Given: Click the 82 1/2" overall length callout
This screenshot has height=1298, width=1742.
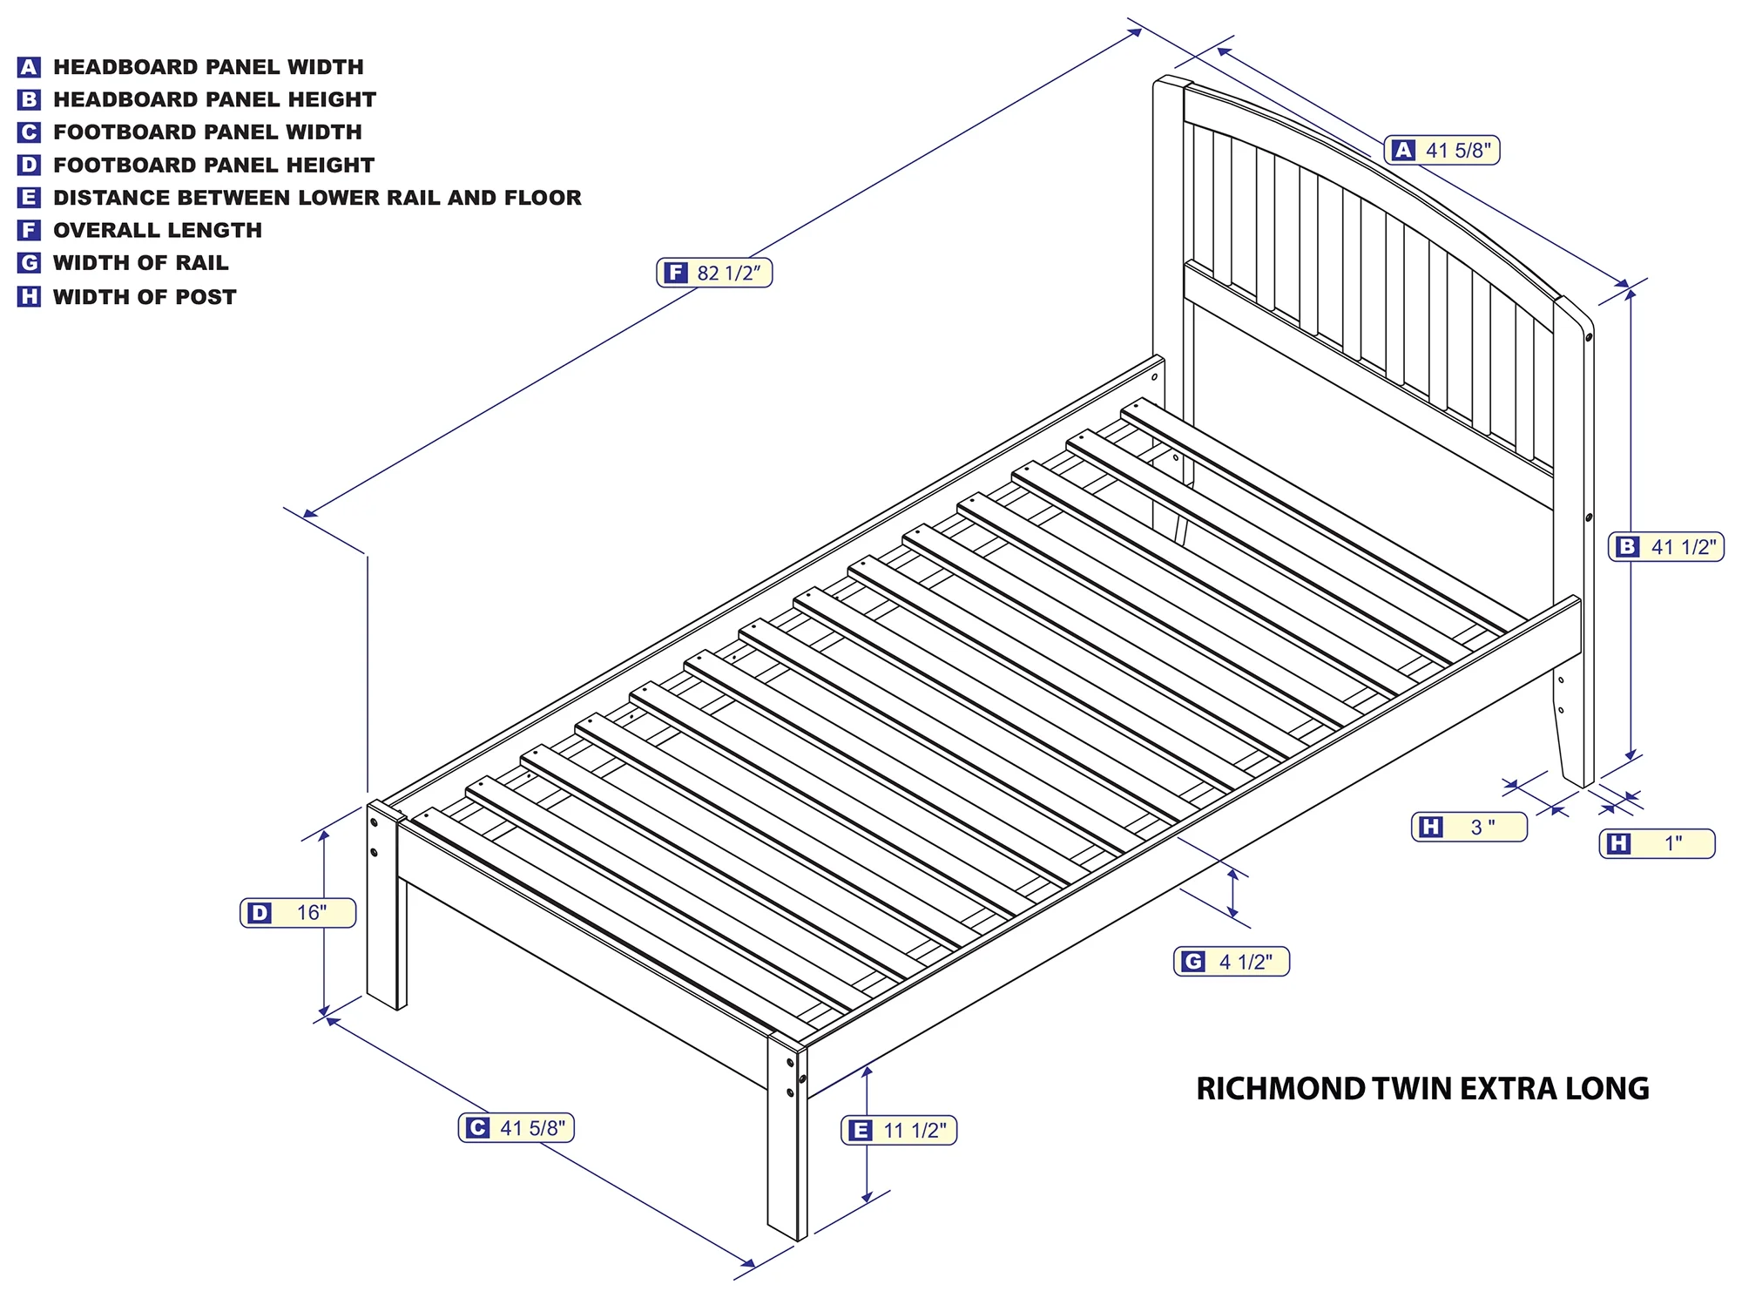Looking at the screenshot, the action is click(714, 274).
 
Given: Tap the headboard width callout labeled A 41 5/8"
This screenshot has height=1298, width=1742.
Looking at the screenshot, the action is click(1442, 151).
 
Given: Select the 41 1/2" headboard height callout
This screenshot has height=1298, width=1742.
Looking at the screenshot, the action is click(1666, 547).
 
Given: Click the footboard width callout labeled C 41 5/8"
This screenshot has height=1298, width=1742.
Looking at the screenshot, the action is click(517, 1128).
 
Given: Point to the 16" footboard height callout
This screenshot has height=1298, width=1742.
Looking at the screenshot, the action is click(298, 913).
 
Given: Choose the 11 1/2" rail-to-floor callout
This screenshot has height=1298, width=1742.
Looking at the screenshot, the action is click(899, 1131).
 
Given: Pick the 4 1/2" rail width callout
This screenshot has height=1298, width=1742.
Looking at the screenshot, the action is click(1232, 962).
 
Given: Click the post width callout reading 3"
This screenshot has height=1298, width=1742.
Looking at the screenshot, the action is click(1469, 827).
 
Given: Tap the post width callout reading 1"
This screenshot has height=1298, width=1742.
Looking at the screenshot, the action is click(1658, 843).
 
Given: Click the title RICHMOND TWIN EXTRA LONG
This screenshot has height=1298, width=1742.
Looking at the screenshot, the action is click(1422, 1089).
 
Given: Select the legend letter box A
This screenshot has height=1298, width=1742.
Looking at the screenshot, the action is click(29, 67).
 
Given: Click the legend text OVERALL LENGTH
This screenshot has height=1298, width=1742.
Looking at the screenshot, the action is click(158, 230).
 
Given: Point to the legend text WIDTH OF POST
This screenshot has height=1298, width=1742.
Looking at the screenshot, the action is click(145, 297).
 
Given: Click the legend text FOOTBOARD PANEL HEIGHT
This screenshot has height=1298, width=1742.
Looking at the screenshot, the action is click(213, 165).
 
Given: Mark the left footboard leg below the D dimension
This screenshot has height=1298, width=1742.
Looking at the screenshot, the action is click(386, 906).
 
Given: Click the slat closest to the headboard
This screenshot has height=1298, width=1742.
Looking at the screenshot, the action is click(1313, 515).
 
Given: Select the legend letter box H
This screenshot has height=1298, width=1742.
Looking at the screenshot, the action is click(29, 297).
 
